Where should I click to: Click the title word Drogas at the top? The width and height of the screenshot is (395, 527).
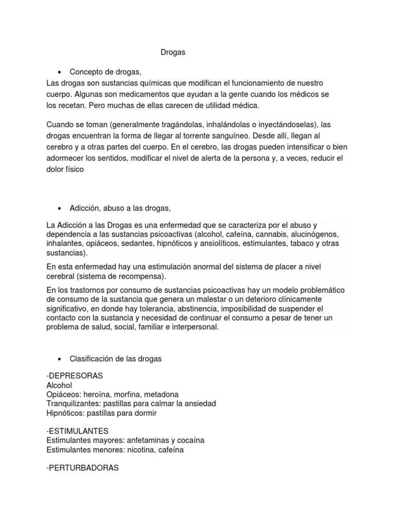(x=173, y=52)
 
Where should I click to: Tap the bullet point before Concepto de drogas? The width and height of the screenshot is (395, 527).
(x=60, y=72)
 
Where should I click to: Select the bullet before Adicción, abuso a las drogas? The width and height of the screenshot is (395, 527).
(x=60, y=208)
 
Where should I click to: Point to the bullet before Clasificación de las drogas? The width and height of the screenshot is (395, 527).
(x=60, y=358)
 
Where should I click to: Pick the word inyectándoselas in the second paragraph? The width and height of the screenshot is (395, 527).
(x=282, y=125)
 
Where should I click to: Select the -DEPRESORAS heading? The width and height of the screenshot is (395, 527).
(x=75, y=376)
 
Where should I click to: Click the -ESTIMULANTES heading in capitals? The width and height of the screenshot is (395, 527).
(x=77, y=431)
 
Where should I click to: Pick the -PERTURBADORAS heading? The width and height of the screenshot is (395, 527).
(x=82, y=468)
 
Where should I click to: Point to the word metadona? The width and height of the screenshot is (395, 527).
(x=160, y=394)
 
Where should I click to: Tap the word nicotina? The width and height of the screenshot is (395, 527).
(x=133, y=449)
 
